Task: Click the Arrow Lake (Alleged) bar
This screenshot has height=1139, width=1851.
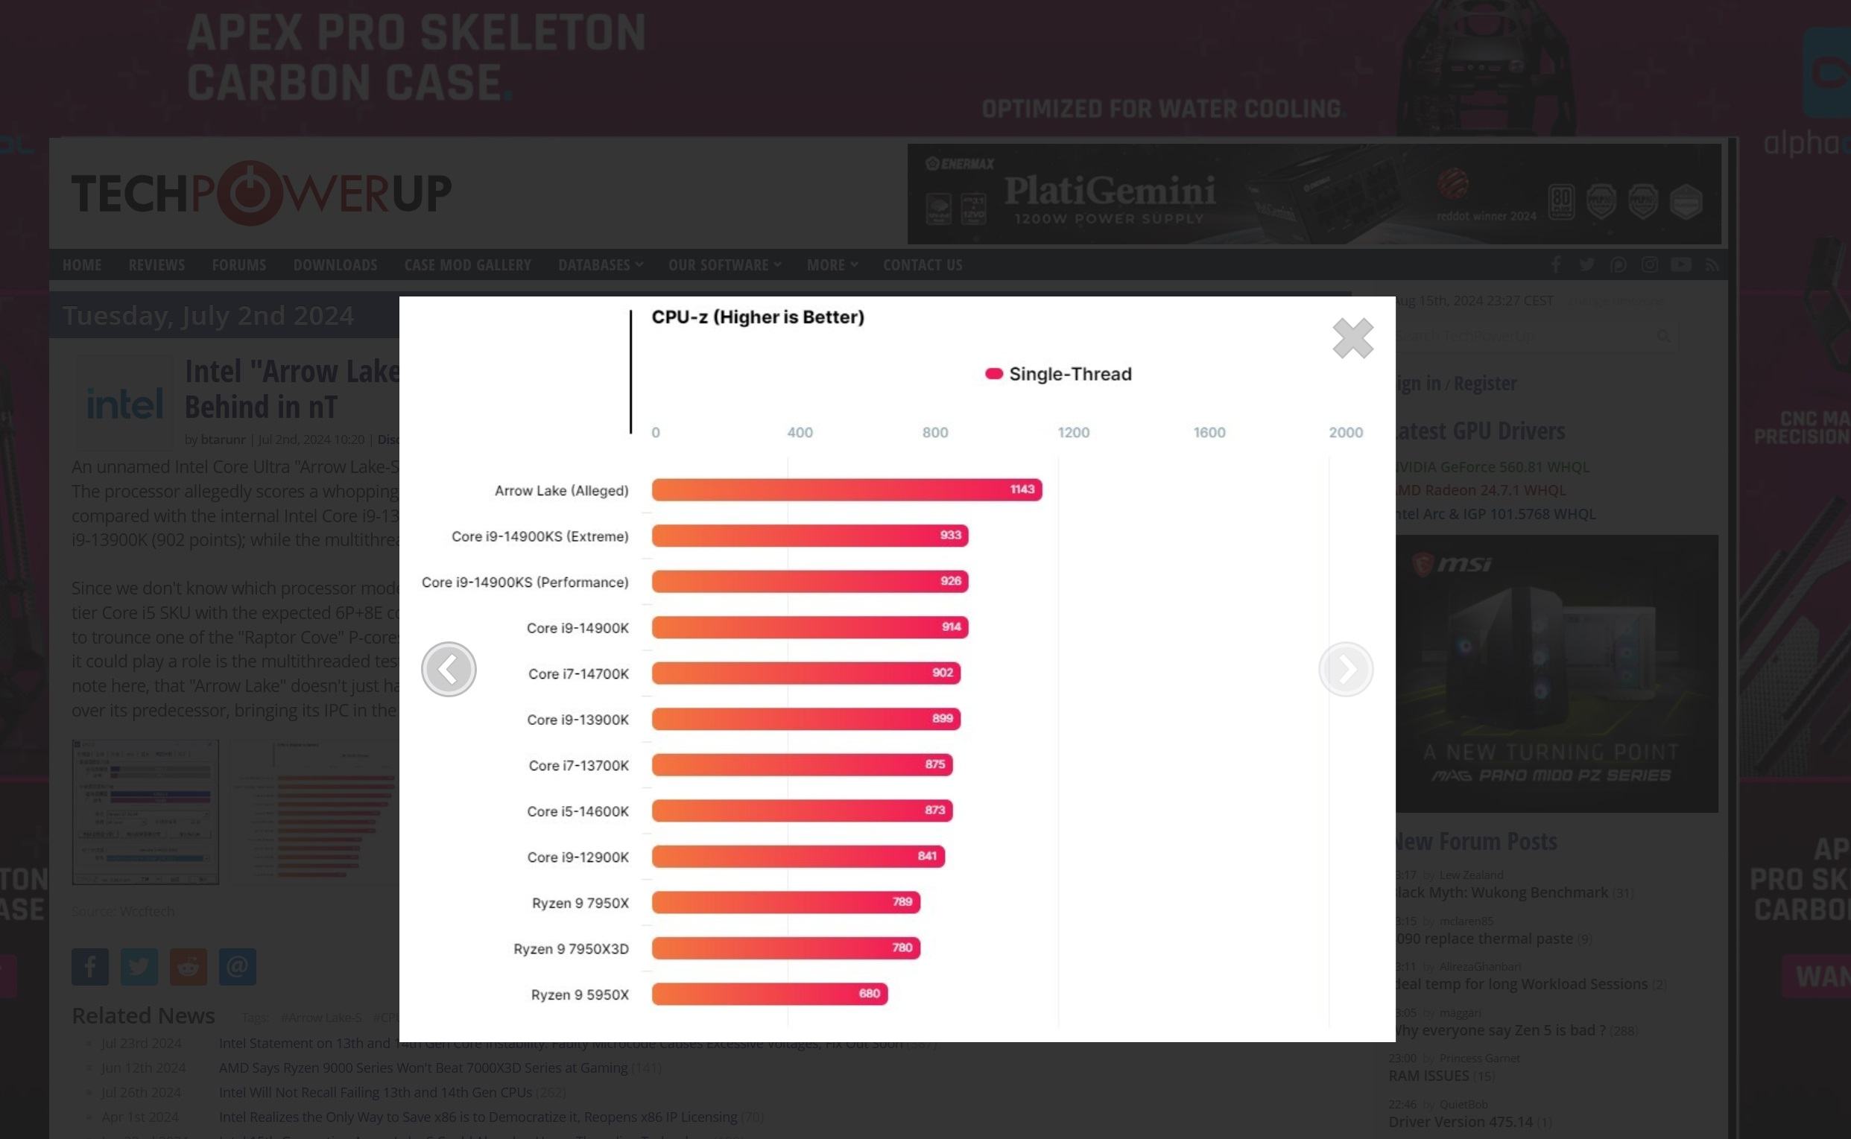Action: click(846, 489)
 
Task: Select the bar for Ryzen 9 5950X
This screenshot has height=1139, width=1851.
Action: click(769, 994)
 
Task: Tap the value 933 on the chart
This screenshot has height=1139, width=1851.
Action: click(950, 536)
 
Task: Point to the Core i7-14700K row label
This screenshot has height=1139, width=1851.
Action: click(578, 673)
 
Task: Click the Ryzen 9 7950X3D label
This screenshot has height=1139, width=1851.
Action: click(570, 948)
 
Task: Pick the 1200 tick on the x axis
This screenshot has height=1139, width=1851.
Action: click(1073, 432)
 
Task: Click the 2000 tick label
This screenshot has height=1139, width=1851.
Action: click(1345, 432)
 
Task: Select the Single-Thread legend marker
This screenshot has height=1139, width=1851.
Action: click(993, 374)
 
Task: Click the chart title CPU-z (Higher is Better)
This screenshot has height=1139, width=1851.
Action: click(757, 317)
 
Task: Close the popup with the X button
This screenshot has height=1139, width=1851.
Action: click(1352, 337)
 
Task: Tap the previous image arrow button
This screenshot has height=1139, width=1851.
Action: click(449, 669)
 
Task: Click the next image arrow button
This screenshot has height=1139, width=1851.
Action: click(1346, 669)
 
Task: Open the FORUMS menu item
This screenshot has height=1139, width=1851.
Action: click(238, 265)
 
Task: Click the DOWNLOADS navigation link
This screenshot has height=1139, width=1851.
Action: click(335, 265)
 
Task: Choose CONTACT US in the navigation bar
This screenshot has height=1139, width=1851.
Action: click(922, 265)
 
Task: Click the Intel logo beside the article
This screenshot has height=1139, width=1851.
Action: click(125, 404)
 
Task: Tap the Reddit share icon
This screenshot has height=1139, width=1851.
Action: click(189, 966)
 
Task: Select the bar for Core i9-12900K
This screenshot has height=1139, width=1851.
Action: click(798, 857)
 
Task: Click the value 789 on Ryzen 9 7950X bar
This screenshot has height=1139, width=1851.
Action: click(902, 901)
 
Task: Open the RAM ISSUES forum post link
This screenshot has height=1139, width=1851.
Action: click(1428, 1076)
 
